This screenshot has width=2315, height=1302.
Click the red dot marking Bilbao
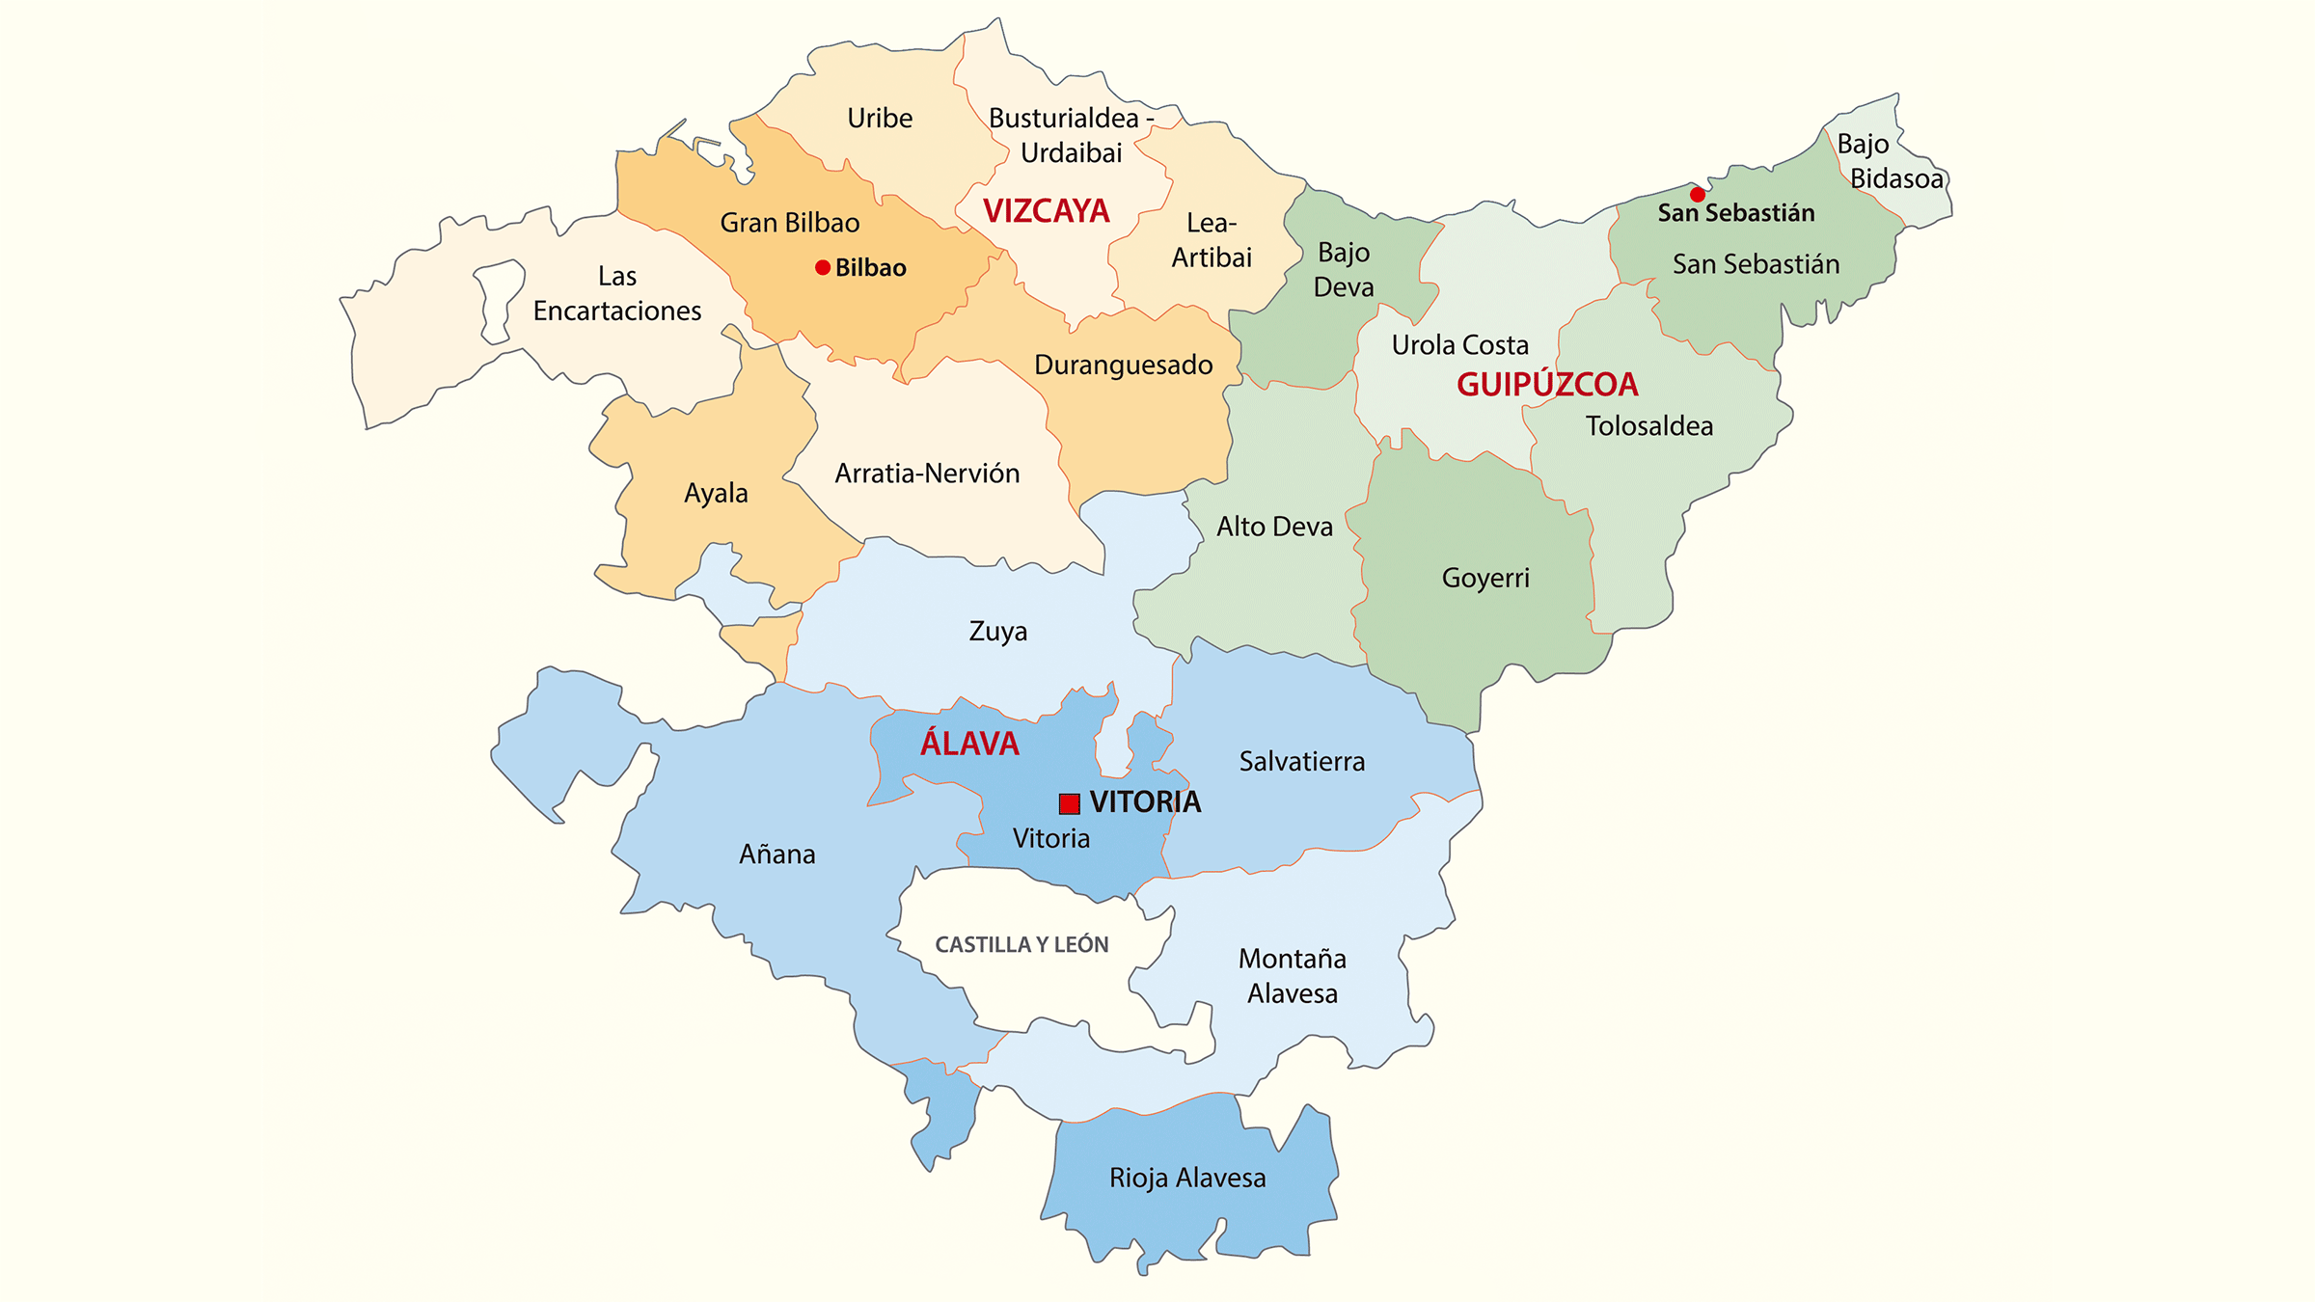point(823,268)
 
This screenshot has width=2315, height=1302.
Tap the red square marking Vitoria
point(1069,803)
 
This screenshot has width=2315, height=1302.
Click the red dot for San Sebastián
point(1698,195)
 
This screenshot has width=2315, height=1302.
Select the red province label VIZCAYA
point(1046,211)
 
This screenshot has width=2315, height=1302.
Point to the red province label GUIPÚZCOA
point(1547,385)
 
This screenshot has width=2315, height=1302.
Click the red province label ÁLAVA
point(969,744)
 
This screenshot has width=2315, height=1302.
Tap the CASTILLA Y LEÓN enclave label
point(1021,945)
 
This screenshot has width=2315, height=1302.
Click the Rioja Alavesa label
point(1187,1178)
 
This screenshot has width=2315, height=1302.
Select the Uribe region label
point(880,119)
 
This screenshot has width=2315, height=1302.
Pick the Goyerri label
point(1485,578)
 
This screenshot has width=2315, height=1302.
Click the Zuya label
point(998,632)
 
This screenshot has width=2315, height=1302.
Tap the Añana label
point(777,854)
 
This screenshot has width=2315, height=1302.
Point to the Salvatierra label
point(1302,762)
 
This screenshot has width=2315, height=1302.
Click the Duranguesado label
point(1124,365)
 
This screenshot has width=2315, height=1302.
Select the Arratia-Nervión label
point(927,474)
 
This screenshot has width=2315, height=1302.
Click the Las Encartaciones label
point(617,293)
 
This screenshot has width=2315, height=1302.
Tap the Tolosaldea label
point(1649,426)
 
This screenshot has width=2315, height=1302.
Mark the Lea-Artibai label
point(1212,240)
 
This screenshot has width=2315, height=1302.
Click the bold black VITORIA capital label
point(1145,801)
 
